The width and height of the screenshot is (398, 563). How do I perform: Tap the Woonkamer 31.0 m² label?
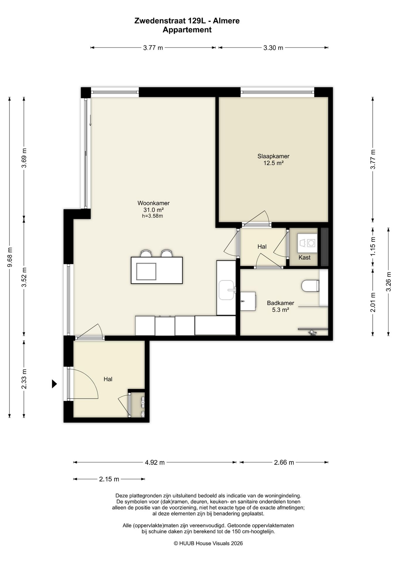pos(153,206)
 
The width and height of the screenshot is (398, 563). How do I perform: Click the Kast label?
pos(305,257)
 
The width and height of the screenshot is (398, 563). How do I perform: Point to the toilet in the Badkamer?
pos(310,286)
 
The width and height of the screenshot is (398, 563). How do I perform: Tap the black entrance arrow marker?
pos(54,384)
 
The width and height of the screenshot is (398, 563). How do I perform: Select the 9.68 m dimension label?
pos(10,257)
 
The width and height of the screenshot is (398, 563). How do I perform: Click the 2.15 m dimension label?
pos(109,479)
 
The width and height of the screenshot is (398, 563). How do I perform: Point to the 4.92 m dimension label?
pos(155,462)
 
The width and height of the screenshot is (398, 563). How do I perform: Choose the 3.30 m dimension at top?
pos(273,48)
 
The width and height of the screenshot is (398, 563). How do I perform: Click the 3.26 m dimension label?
pos(389,281)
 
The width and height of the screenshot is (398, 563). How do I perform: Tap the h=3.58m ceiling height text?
pos(152,216)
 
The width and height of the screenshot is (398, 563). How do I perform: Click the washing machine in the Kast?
pos(307,243)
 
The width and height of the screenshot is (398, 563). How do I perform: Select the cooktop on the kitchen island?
pos(146,272)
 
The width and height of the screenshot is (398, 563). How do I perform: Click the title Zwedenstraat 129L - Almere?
pos(187,21)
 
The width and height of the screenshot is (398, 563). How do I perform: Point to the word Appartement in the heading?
pos(187,30)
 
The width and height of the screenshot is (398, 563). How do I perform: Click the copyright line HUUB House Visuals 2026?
pos(208,543)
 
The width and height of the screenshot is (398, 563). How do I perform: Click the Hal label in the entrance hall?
pos(108,379)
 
